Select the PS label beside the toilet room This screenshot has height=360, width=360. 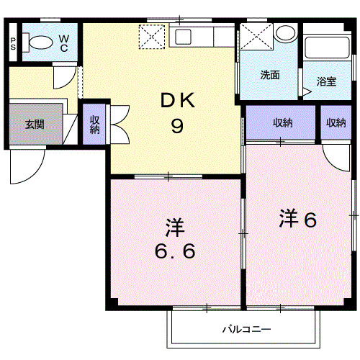point(14,43)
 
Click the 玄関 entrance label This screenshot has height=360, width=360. point(34,124)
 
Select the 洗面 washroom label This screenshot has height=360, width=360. point(270,74)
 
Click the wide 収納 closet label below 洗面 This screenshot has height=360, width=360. point(282,123)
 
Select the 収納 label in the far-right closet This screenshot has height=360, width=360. point(336,123)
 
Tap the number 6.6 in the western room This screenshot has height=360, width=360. point(174,253)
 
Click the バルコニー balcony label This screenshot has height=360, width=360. point(246,330)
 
